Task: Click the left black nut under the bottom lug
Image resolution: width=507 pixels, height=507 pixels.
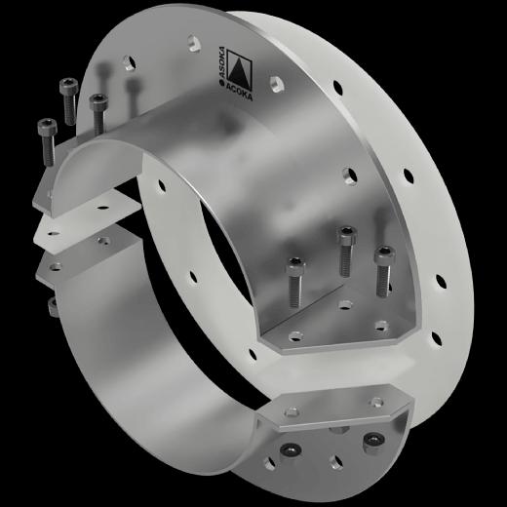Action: [x=290, y=449]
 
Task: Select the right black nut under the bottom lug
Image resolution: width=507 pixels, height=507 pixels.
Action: [x=370, y=443]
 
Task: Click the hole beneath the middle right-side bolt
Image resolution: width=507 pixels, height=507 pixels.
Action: [x=344, y=305]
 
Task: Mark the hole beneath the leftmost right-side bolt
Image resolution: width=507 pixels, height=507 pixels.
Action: [x=294, y=336]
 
